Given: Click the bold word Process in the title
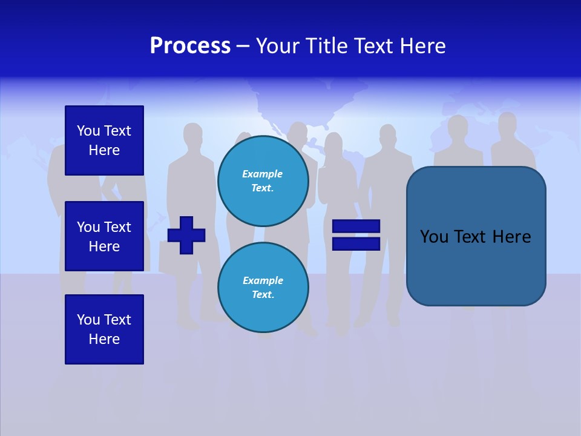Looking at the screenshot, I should (190, 46).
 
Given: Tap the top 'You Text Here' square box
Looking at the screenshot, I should (104, 140).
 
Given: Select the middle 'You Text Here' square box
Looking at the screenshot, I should (104, 236).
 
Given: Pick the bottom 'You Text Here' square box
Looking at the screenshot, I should (104, 329).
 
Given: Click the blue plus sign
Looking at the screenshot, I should (186, 235).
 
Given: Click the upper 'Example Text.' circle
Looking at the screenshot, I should (263, 180).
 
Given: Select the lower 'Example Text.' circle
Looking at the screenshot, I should (263, 287).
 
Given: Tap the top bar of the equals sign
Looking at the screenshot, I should (356, 226).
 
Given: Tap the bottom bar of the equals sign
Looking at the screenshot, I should (356, 243).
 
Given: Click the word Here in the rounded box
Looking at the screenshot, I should (511, 237).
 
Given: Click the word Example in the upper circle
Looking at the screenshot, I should (263, 174).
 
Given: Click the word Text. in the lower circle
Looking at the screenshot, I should (263, 295).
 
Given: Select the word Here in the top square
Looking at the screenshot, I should (104, 150).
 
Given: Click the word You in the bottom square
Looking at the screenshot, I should (88, 320).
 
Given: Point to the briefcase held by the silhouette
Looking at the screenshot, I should (169, 257).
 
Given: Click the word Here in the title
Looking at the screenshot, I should (424, 46).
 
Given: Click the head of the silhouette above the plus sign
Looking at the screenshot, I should (192, 134).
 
